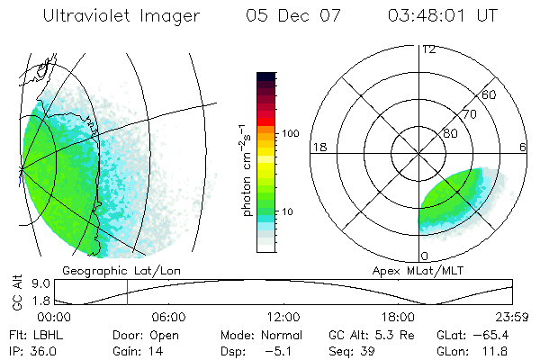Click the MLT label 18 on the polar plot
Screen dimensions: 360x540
pos(319,148)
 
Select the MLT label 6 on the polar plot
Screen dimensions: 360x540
pos(523,148)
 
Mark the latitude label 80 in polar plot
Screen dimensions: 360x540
pos(449,133)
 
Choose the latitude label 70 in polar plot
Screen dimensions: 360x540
pos(469,114)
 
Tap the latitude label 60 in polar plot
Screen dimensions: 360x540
pos(489,94)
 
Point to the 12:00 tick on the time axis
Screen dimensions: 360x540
pos(283,317)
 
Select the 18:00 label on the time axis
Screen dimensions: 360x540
pos(397,317)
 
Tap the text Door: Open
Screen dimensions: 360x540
pos(140,334)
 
